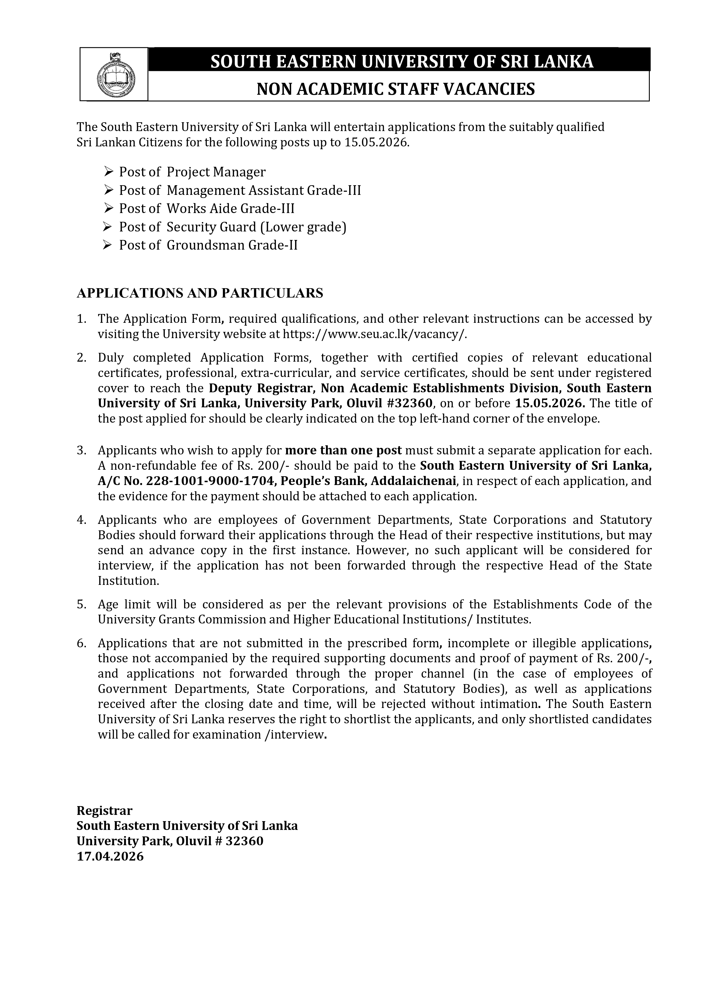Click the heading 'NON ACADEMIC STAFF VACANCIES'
click(x=396, y=89)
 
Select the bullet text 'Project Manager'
click(x=216, y=172)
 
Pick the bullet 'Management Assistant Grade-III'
click(x=264, y=190)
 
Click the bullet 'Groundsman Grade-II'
click(x=232, y=245)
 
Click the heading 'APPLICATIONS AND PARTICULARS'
click(x=200, y=293)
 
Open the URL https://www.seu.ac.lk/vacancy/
click(x=375, y=335)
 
